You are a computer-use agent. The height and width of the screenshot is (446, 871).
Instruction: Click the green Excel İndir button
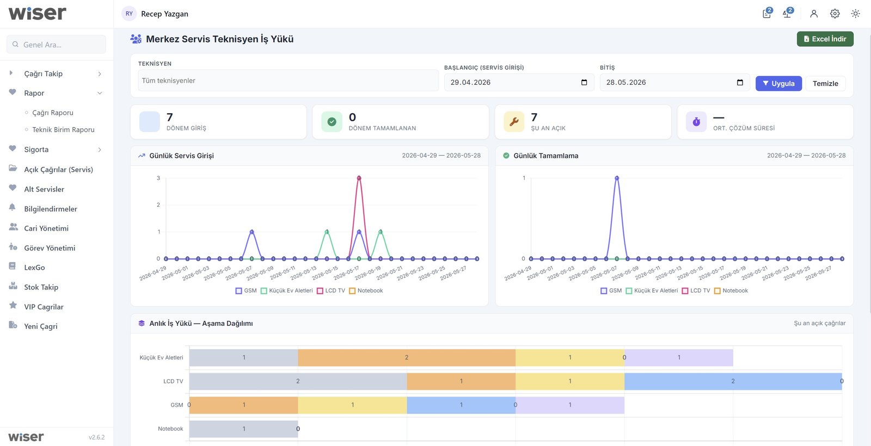(825, 39)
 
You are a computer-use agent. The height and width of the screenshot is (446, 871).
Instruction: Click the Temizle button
(825, 84)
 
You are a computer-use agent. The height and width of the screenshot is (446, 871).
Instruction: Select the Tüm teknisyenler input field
(288, 80)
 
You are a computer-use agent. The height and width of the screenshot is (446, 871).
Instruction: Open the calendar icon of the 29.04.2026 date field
(584, 82)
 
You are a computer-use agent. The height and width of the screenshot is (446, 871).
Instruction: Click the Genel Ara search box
(56, 44)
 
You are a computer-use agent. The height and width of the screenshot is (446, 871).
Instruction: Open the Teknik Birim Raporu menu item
(63, 129)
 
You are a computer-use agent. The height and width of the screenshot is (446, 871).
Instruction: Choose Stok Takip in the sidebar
(41, 287)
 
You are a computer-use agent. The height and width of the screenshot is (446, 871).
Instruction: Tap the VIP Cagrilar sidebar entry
(44, 307)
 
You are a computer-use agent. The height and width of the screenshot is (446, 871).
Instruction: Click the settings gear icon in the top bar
(835, 14)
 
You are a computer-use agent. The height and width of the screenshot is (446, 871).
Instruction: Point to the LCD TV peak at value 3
(359, 178)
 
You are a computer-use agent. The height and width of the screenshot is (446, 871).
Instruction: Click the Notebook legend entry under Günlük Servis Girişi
(366, 290)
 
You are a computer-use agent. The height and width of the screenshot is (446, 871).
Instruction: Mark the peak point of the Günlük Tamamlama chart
(617, 178)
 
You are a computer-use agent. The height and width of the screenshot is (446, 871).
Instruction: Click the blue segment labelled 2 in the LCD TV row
(733, 381)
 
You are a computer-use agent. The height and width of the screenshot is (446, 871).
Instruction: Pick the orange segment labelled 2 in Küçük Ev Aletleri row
(407, 357)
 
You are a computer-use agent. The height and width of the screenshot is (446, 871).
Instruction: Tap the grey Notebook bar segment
(244, 429)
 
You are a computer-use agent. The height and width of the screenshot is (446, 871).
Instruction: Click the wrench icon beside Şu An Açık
(514, 122)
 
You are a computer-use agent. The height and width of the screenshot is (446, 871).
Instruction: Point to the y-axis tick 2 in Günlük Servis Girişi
(158, 205)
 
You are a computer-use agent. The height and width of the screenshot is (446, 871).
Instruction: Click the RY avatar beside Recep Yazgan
(129, 14)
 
